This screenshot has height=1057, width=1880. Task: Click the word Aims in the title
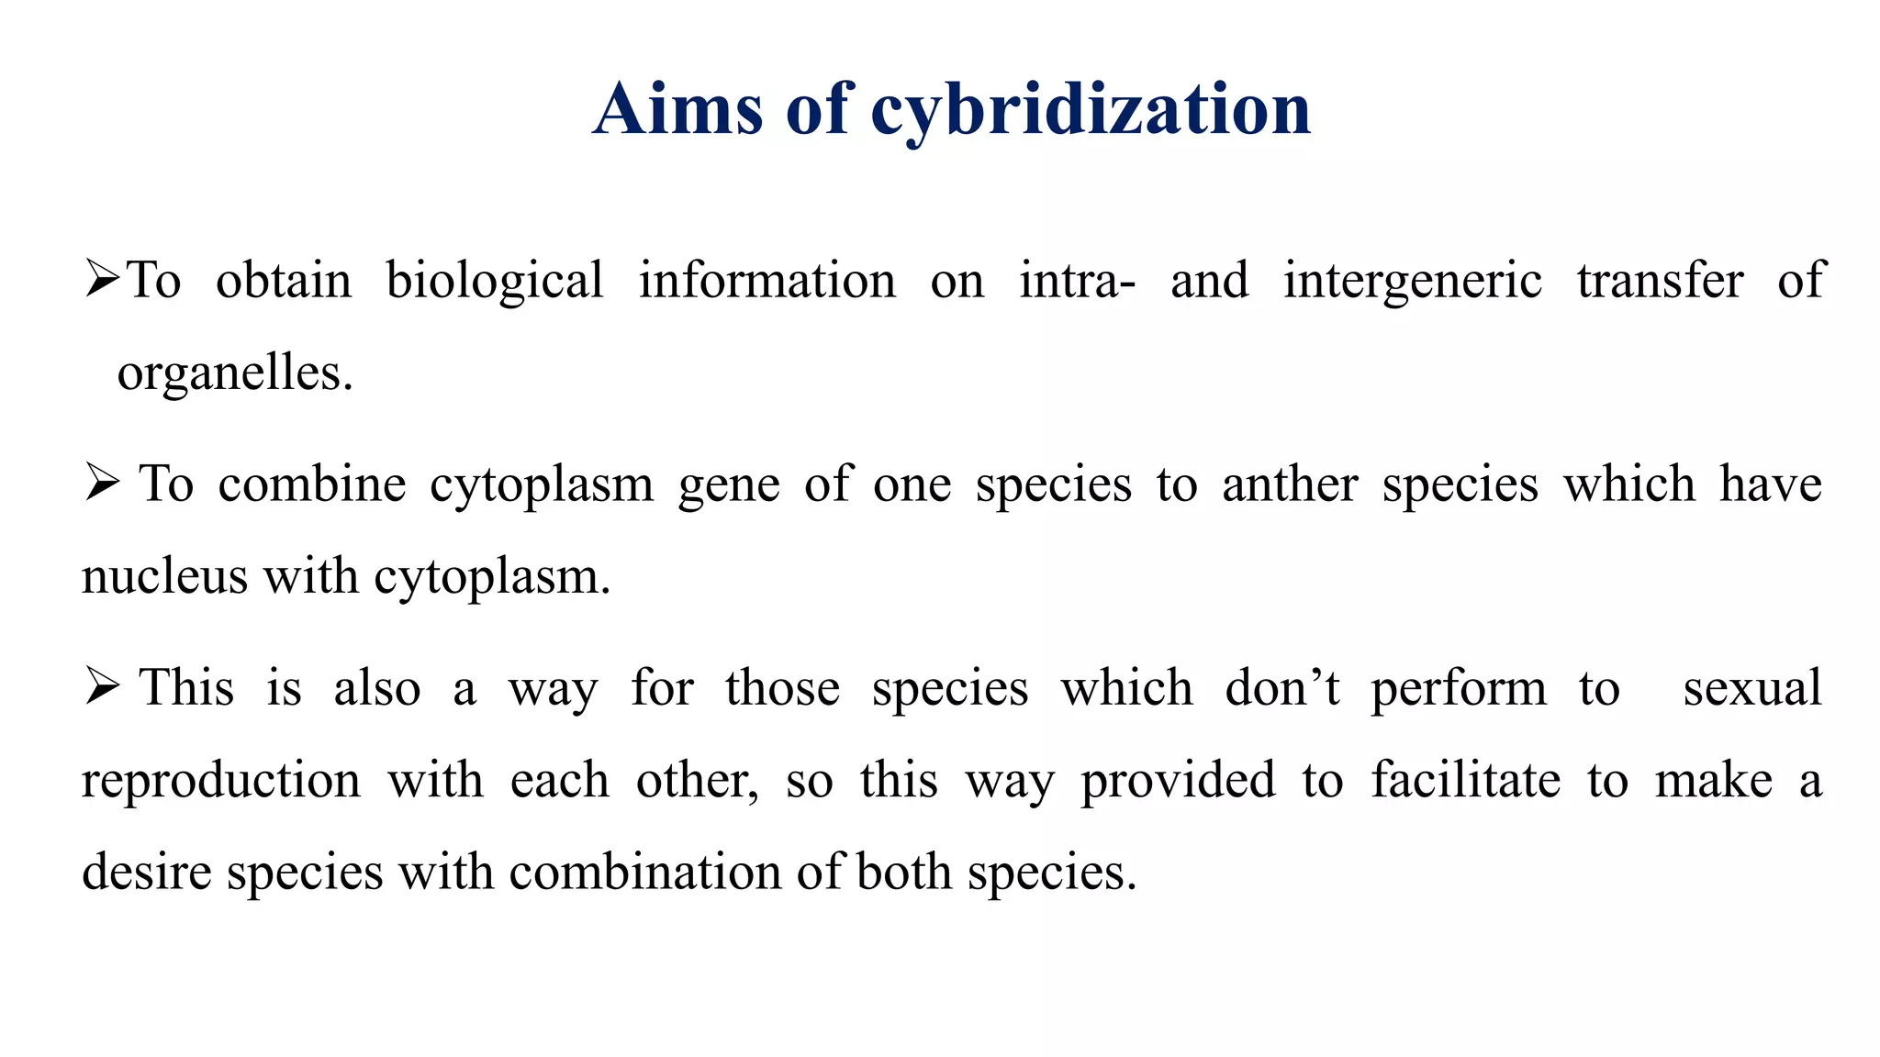[677, 110]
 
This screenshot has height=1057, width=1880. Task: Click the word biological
[495, 281]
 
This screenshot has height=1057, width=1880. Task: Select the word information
[767, 281]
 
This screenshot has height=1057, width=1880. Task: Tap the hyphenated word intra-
[1078, 281]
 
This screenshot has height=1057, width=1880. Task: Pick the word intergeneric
[1413, 281]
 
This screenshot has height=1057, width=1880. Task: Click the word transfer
[1660, 281]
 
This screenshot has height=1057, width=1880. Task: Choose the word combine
[312, 484]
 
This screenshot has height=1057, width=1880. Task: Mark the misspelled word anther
[1290, 484]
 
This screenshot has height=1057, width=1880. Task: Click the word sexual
[1751, 688]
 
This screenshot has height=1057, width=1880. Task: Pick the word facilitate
[1466, 780]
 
